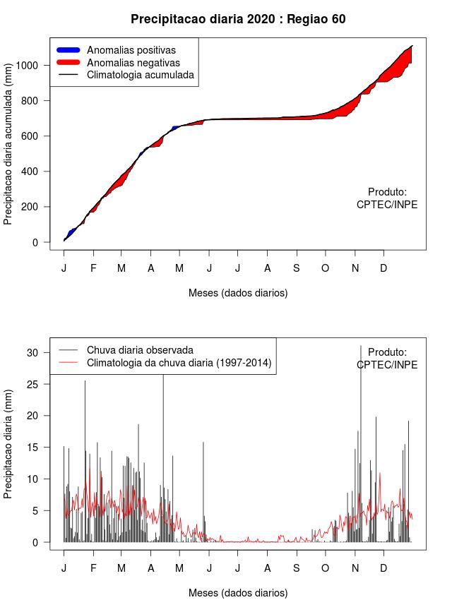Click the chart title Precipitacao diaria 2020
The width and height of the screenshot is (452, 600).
238,19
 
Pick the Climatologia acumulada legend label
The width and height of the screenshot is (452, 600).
140,75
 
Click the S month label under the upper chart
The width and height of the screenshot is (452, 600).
297,269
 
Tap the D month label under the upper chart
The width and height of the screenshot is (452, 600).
383,269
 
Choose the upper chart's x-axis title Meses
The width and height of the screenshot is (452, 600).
238,292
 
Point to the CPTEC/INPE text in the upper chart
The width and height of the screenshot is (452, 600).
387,205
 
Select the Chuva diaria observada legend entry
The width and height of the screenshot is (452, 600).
139,349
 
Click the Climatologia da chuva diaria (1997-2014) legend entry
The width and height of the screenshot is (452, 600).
179,363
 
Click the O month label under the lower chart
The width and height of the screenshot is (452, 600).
326,569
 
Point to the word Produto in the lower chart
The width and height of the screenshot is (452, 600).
387,352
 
